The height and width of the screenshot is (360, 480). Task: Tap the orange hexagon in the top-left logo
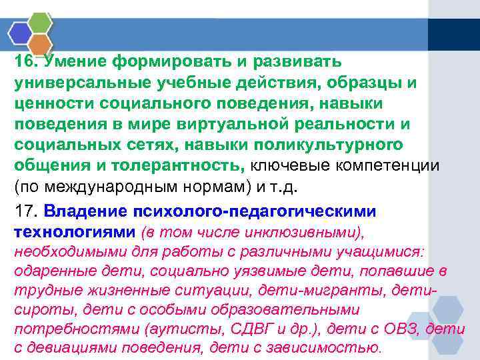(x=40, y=44)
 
